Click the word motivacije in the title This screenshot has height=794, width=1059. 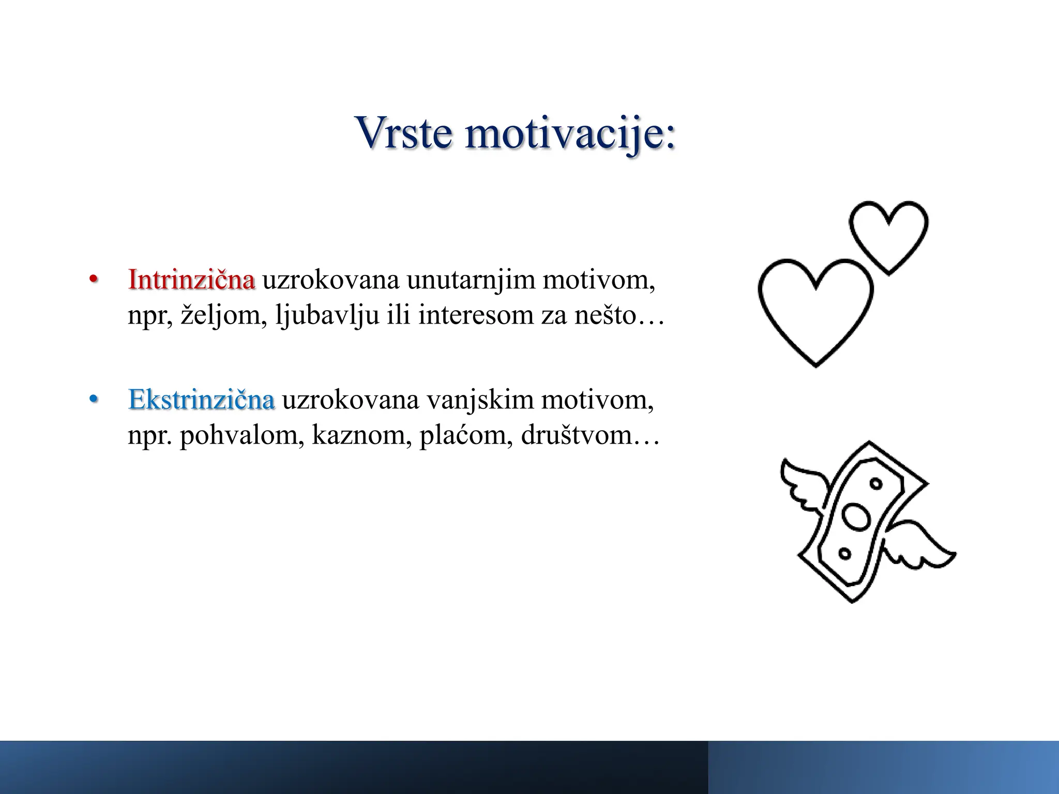click(569, 133)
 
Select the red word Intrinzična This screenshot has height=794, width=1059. click(191, 280)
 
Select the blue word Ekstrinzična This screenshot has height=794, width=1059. click(201, 400)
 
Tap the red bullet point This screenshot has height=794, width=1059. click(93, 280)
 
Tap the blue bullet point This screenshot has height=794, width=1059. click(93, 400)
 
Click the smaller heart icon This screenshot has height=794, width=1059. click(888, 235)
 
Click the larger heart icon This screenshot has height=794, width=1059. click(815, 310)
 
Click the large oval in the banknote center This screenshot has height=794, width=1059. click(857, 517)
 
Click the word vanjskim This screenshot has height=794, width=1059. click(479, 400)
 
